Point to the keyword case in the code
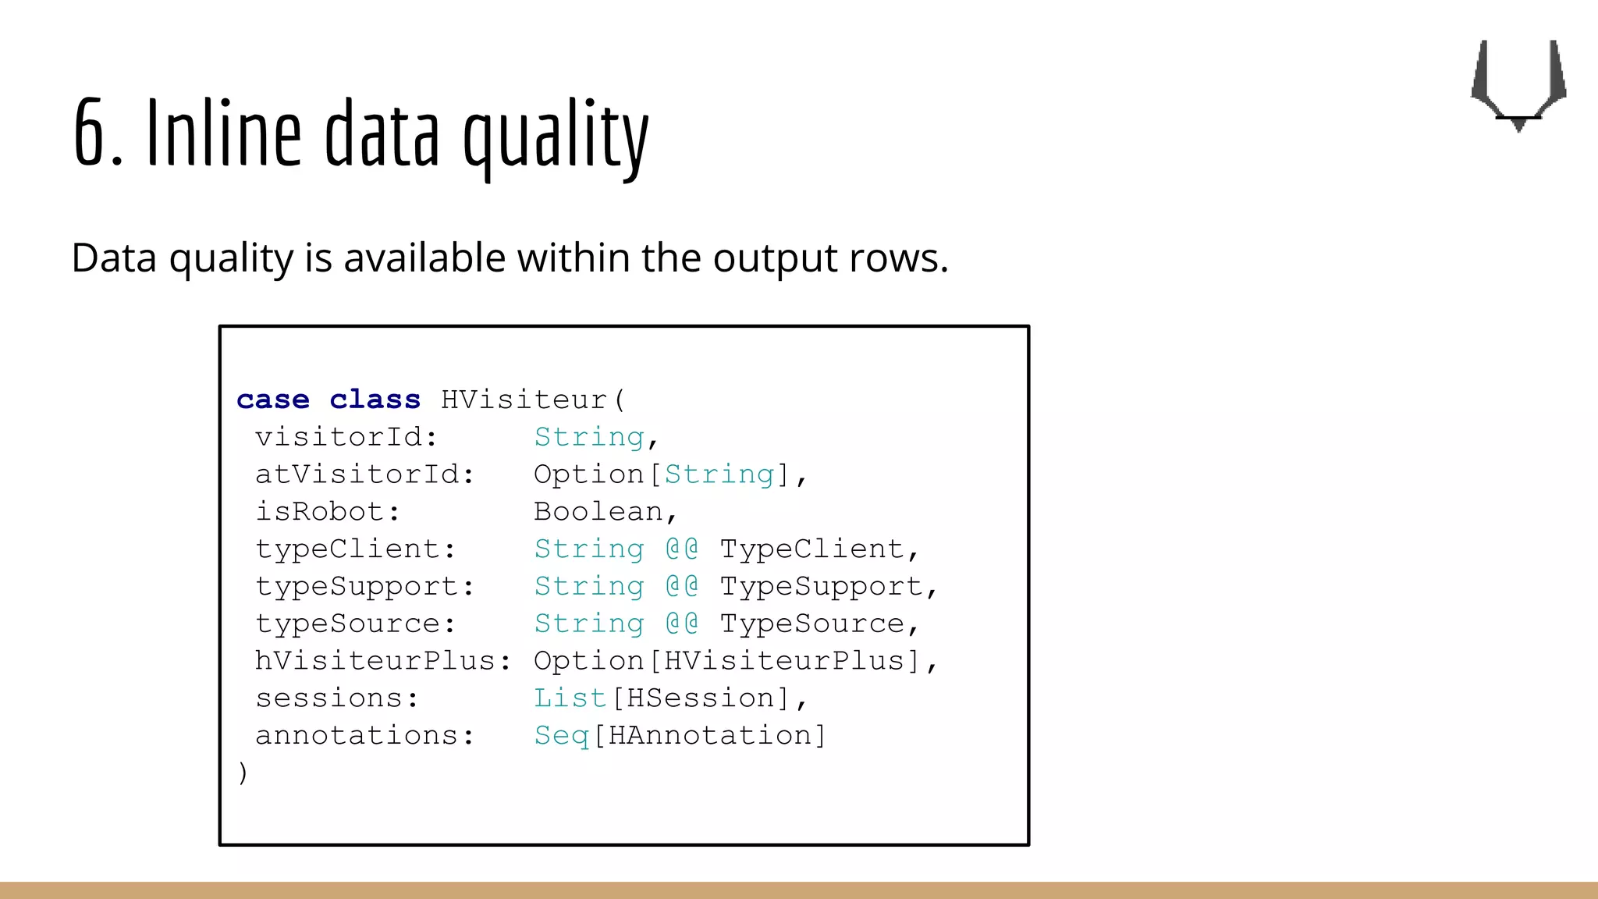(x=273, y=400)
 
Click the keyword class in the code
(x=375, y=400)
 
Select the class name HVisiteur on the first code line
(x=524, y=400)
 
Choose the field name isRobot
(x=321, y=512)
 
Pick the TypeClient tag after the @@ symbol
(x=811, y=549)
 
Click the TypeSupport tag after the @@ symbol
(x=820, y=586)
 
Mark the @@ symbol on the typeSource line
(x=682, y=624)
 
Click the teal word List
(x=570, y=698)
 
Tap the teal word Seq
(x=561, y=735)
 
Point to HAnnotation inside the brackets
(x=709, y=735)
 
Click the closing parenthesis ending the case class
(x=243, y=773)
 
